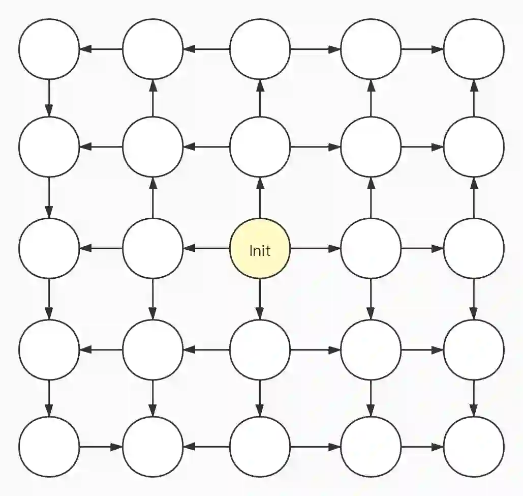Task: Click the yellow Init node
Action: point(260,249)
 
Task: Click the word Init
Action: point(260,250)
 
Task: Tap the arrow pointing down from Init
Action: point(260,299)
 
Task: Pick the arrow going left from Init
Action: point(206,249)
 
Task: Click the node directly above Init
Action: point(260,147)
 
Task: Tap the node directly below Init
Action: point(260,350)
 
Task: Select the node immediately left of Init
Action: point(152,249)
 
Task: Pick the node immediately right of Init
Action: point(371,249)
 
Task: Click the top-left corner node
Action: point(49,49)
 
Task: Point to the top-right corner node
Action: point(474,49)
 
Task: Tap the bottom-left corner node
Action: point(49,447)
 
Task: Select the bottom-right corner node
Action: point(474,447)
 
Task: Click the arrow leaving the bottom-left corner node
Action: point(101,447)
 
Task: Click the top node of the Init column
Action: point(260,49)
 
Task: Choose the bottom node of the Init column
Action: point(260,447)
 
